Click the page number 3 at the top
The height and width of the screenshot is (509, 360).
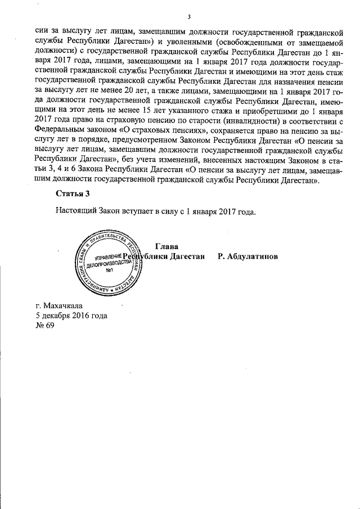pyautogui.click(x=190, y=16)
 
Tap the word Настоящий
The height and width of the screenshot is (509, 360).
pyautogui.click(x=76, y=211)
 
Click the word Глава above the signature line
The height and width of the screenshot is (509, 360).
pyautogui.click(x=166, y=246)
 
